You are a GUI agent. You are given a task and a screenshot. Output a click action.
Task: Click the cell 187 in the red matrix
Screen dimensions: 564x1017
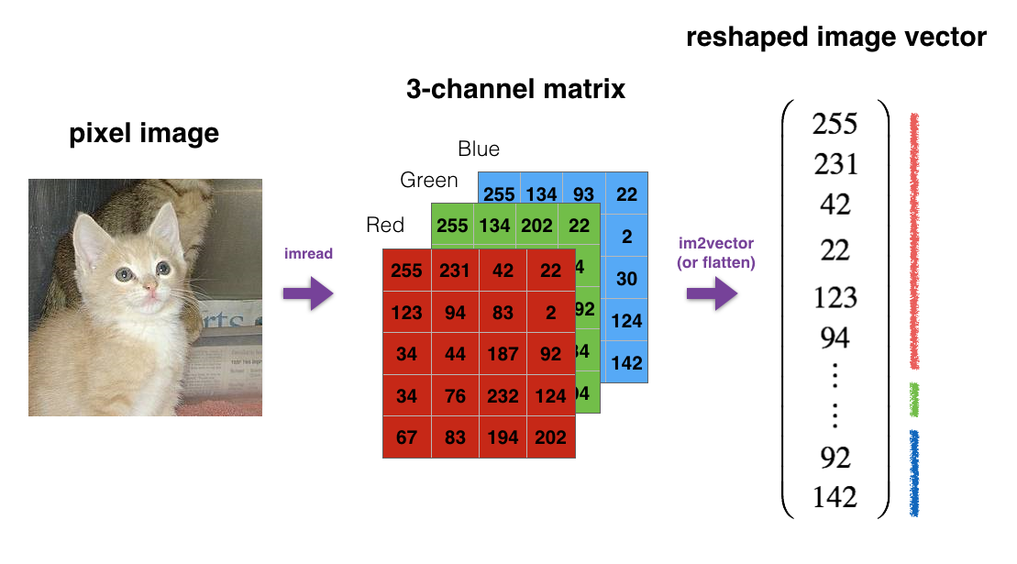[503, 353]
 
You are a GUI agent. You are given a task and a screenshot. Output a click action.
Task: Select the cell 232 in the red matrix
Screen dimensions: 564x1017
[503, 395]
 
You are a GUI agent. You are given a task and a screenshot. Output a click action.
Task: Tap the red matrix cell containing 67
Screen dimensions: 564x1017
[406, 437]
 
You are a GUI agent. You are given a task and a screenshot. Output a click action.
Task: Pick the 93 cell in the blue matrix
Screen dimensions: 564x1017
[583, 194]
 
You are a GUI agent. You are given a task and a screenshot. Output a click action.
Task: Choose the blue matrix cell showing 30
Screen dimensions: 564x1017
[626, 278]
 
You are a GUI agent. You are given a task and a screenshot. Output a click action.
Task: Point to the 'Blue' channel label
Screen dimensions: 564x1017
[479, 149]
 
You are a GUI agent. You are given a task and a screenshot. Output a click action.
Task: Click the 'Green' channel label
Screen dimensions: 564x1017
[429, 181]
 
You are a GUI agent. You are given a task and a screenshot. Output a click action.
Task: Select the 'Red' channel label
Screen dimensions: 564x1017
[385, 225]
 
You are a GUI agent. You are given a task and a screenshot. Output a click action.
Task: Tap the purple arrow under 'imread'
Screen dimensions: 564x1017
[308, 294]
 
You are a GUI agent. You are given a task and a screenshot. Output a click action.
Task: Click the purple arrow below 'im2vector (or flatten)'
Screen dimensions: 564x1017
[712, 294]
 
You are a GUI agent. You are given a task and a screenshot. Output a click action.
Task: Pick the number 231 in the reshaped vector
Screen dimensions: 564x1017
[835, 164]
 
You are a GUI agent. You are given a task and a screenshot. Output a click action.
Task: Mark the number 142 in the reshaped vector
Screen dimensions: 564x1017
[835, 497]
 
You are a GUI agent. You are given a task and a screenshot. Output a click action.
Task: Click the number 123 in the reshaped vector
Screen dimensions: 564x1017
[835, 297]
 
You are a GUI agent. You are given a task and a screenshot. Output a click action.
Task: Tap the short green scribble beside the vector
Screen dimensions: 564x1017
[914, 400]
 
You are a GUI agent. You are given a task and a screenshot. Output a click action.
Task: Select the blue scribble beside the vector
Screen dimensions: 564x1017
[914, 471]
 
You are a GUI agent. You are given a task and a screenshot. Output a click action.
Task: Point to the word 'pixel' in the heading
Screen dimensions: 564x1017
[101, 134]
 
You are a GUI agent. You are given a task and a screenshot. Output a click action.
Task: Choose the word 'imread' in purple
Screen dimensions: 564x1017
[308, 253]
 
